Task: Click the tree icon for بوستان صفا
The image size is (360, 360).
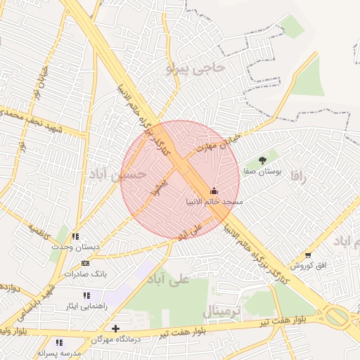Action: tap(263, 160)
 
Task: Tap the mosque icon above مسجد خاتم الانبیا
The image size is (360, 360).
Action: tap(214, 191)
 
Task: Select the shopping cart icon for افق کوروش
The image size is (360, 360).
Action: tap(307, 255)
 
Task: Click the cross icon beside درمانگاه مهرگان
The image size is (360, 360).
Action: tap(116, 328)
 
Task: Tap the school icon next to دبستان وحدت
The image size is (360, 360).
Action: tap(76, 236)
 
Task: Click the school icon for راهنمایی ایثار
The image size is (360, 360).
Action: tap(86, 295)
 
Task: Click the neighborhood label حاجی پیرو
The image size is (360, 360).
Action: tap(195, 68)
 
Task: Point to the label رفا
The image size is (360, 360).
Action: tap(303, 179)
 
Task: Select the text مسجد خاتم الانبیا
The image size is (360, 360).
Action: tap(213, 202)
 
